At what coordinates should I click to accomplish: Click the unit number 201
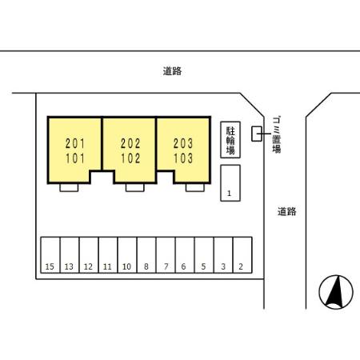coord(75,144)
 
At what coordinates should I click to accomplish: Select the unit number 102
coord(130,158)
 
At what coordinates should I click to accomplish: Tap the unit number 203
coord(183,144)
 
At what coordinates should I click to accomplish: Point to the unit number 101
coord(75,158)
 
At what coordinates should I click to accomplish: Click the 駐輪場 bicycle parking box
coord(230,139)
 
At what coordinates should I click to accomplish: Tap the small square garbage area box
coord(256,134)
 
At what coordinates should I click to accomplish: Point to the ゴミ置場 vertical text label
coord(276,134)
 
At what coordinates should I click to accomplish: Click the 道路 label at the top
coord(172,71)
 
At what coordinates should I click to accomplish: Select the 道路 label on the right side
coord(287,211)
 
